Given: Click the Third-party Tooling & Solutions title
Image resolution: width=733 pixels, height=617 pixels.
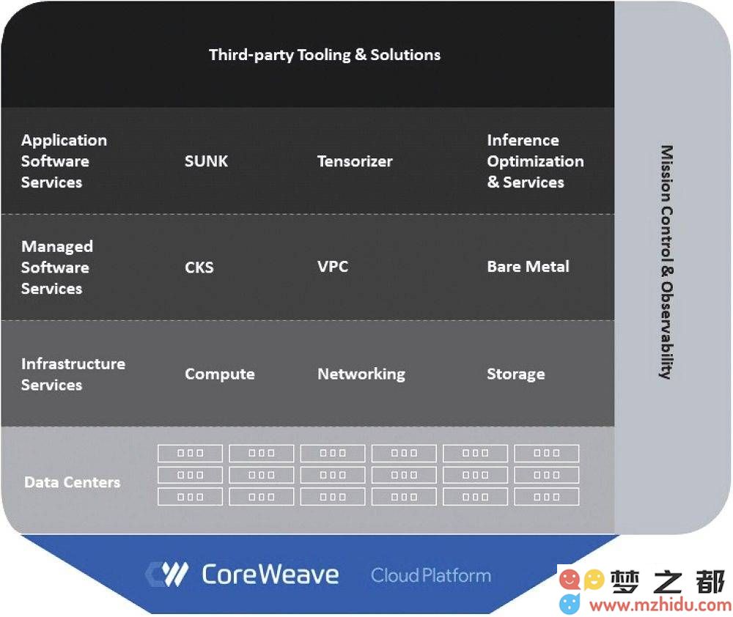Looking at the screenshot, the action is [325, 55].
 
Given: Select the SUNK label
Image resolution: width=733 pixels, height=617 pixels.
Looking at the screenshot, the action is [206, 161].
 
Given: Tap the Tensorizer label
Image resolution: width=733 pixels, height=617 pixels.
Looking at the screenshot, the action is [355, 161].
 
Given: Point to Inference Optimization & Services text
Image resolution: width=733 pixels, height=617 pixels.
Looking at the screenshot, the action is [535, 161].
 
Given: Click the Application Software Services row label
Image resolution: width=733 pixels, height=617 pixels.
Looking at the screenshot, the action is [64, 161].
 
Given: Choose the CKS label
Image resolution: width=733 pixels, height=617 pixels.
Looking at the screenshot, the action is [199, 267].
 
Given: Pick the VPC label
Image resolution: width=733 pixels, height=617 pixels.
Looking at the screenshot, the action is [333, 267].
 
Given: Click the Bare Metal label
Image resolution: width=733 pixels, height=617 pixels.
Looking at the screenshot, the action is [528, 267].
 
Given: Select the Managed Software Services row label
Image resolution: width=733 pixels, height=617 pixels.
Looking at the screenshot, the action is [57, 267].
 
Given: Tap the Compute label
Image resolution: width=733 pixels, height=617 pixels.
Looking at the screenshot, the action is [220, 374].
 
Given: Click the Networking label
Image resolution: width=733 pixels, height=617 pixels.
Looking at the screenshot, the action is [361, 374].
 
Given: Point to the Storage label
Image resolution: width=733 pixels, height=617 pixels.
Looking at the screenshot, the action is [516, 374].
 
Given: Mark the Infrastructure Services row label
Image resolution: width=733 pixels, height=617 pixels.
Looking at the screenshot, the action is [73, 374].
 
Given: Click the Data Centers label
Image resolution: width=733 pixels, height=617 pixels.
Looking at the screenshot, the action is [73, 482].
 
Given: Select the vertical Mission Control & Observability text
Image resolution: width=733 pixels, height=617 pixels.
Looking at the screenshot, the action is [666, 262].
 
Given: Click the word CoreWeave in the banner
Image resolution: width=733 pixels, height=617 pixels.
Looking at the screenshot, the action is [270, 574].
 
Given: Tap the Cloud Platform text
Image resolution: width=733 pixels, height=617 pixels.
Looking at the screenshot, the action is [431, 575].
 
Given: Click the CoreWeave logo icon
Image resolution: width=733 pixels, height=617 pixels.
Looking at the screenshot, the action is [167, 574].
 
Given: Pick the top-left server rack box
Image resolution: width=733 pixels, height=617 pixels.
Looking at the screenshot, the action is [191, 453].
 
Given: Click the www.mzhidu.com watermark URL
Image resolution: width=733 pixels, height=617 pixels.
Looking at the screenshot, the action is [660, 605].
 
